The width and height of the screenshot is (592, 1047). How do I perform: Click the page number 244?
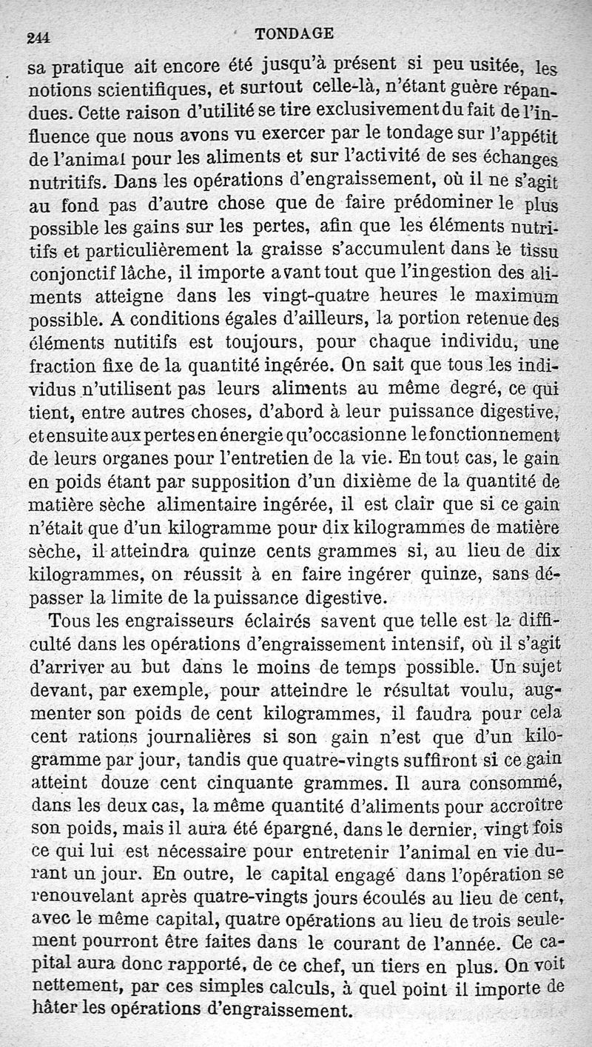point(42,40)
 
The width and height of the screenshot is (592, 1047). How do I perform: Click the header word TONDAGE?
point(294,33)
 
